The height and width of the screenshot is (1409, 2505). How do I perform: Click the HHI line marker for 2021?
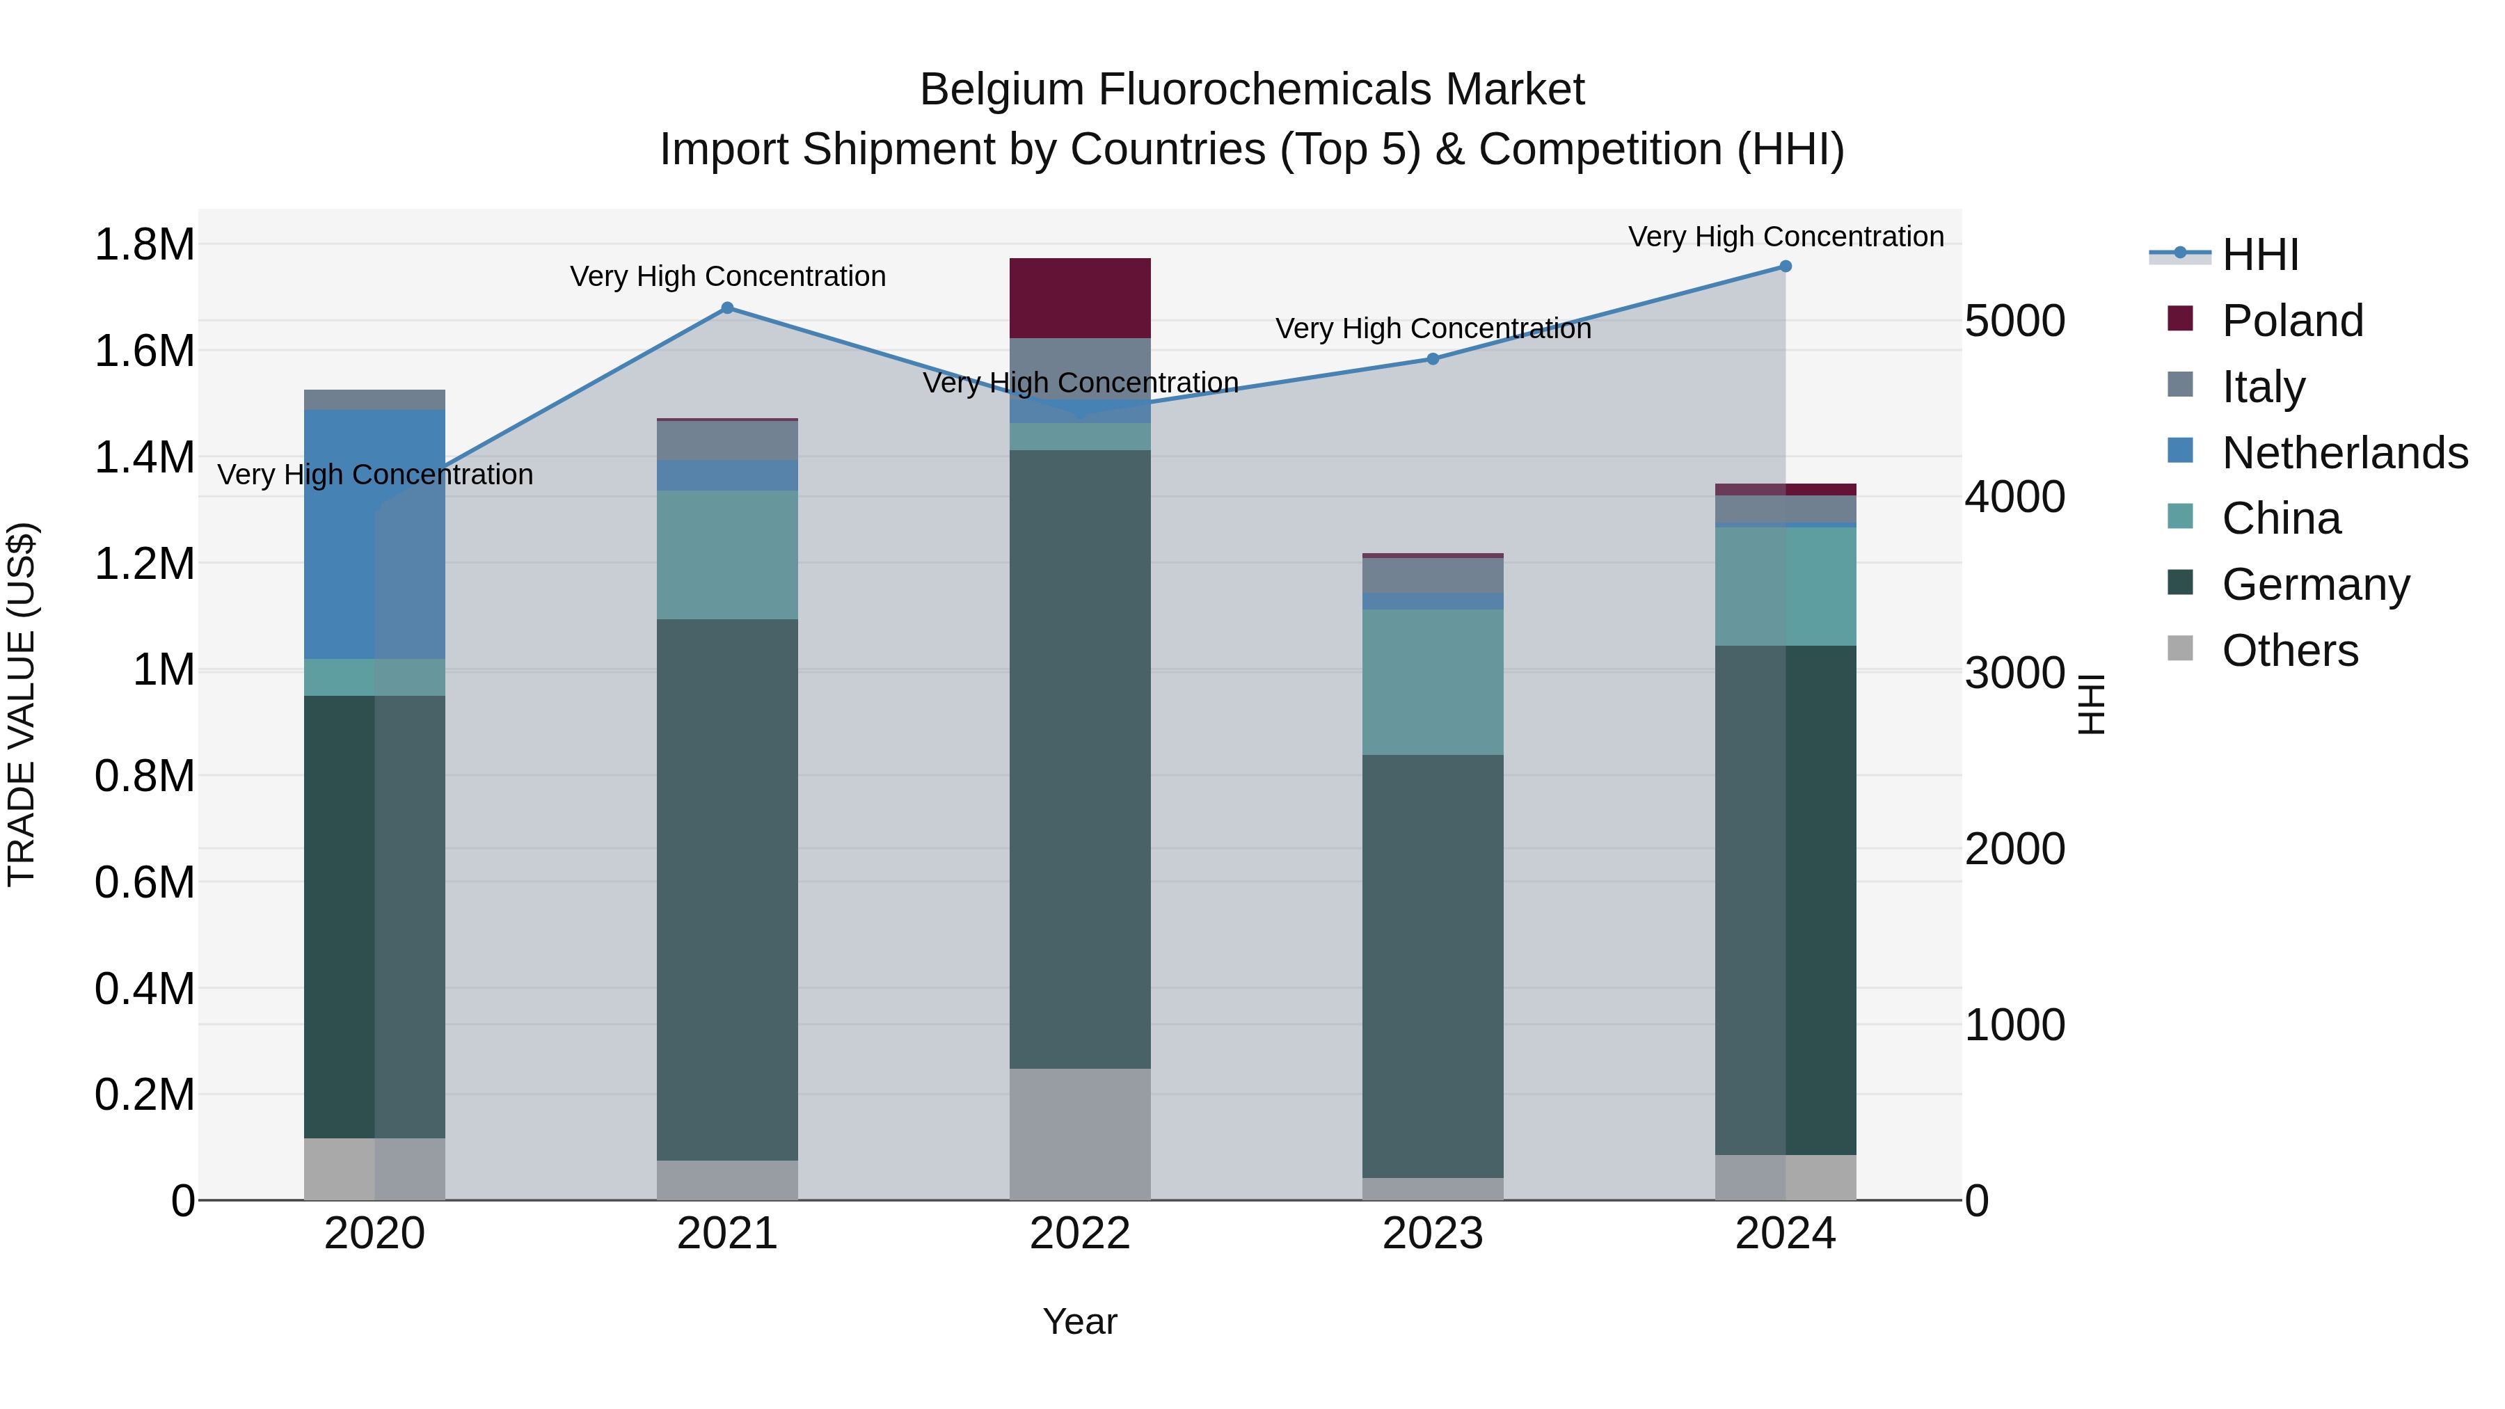727,308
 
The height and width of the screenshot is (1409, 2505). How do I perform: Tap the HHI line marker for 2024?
1786,266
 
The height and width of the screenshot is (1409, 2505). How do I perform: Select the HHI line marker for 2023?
1433,359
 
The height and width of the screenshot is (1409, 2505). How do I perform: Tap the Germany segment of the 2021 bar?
727,890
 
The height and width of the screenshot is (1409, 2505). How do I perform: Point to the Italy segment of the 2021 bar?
727,440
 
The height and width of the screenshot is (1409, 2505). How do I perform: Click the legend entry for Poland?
2291,321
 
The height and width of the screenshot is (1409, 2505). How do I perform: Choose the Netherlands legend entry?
2344,453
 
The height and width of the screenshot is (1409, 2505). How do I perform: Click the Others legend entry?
2289,651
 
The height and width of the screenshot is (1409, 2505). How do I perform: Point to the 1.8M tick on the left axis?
144,244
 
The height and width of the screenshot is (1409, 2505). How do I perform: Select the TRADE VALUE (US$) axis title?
22,704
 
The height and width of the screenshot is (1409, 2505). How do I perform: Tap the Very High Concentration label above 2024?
1786,237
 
